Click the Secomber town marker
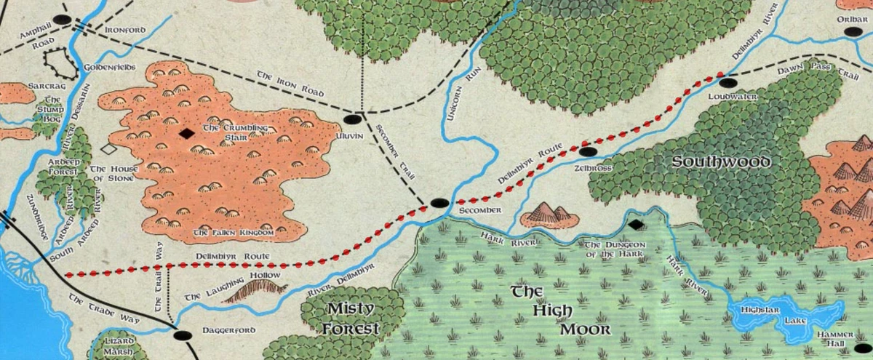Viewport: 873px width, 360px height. tap(439, 203)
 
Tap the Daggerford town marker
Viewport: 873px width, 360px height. tap(182, 335)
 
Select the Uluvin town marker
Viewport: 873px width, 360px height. tap(353, 119)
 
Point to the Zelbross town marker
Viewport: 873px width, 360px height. tap(588, 152)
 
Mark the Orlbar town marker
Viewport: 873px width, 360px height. tap(854, 32)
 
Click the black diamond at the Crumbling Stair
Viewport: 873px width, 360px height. tap(187, 133)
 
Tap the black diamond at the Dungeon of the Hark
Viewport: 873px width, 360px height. tap(635, 225)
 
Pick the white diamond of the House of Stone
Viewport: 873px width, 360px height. tap(108, 148)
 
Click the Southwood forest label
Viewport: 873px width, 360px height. tap(722, 161)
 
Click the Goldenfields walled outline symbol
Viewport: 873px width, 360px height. tap(60, 63)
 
